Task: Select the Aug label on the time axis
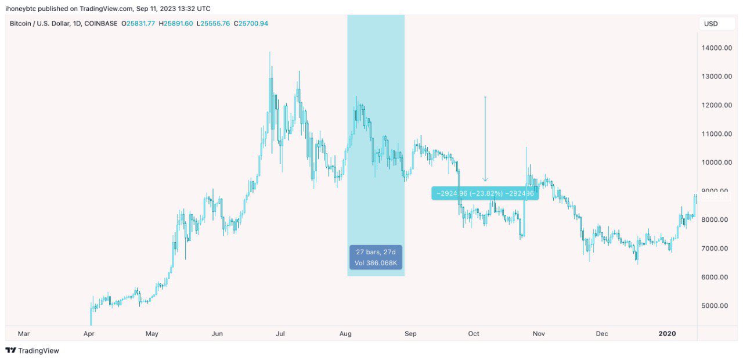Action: click(x=345, y=334)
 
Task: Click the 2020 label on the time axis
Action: click(x=667, y=334)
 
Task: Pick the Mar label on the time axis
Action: click(x=23, y=334)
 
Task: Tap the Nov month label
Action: click(x=539, y=334)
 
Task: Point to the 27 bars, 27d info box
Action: click(x=376, y=257)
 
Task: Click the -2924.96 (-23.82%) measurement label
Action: click(x=485, y=193)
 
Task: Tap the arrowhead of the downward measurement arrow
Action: click(x=485, y=181)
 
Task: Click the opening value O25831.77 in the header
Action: click(x=139, y=23)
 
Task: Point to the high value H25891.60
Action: click(x=176, y=23)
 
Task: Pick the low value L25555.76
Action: click(x=213, y=23)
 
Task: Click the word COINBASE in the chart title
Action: click(x=100, y=23)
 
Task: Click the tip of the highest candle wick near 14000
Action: click(x=269, y=52)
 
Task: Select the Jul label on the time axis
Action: click(x=280, y=334)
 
